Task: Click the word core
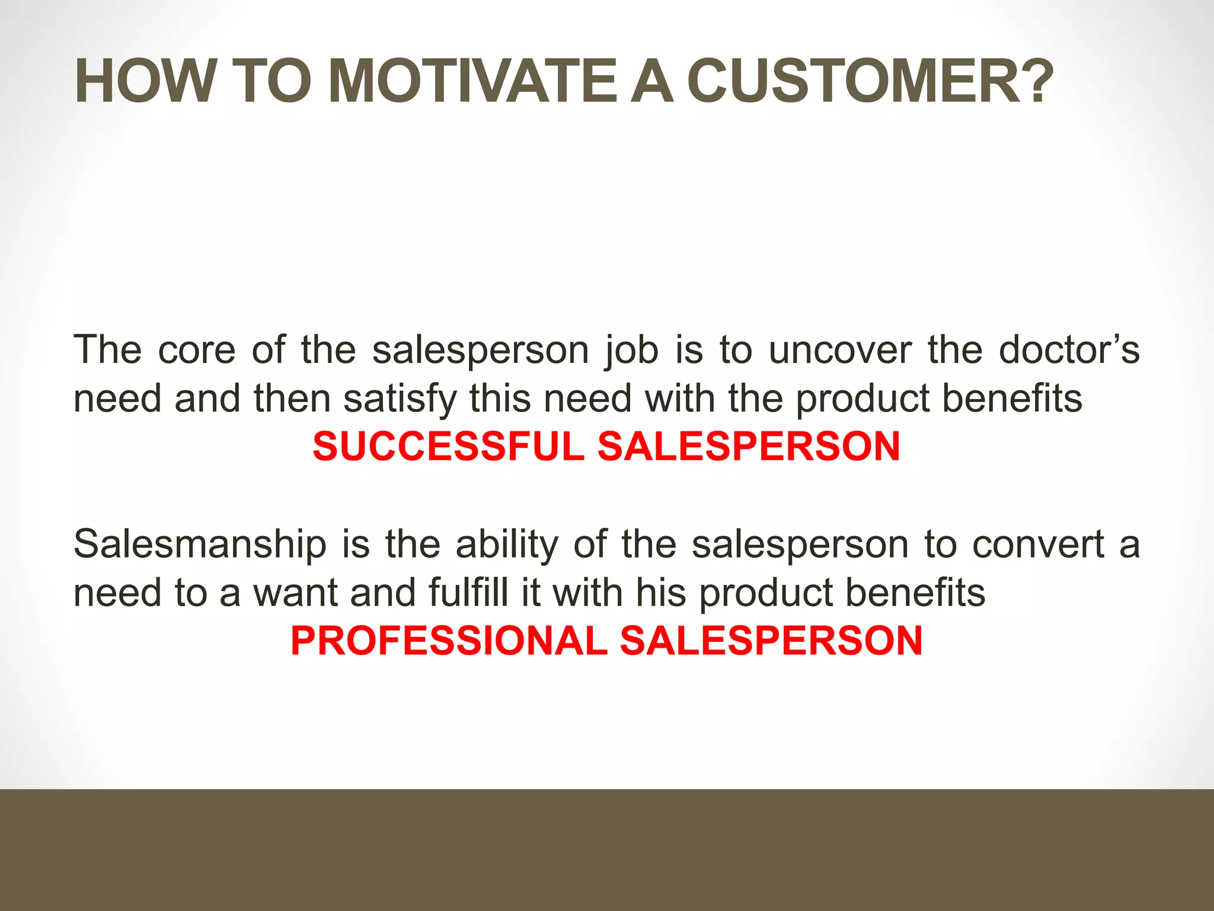pyautogui.click(x=197, y=350)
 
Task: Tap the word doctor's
pyautogui.click(x=1069, y=350)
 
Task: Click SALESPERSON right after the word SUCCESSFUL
pyautogui.click(x=749, y=447)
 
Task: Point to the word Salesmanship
pyautogui.click(x=200, y=544)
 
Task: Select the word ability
pyautogui.click(x=507, y=544)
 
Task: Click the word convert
pyautogui.click(x=1038, y=544)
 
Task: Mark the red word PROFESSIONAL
pyautogui.click(x=449, y=641)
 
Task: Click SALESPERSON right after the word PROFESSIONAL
pyautogui.click(x=771, y=641)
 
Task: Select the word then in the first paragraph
pyautogui.click(x=292, y=398)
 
